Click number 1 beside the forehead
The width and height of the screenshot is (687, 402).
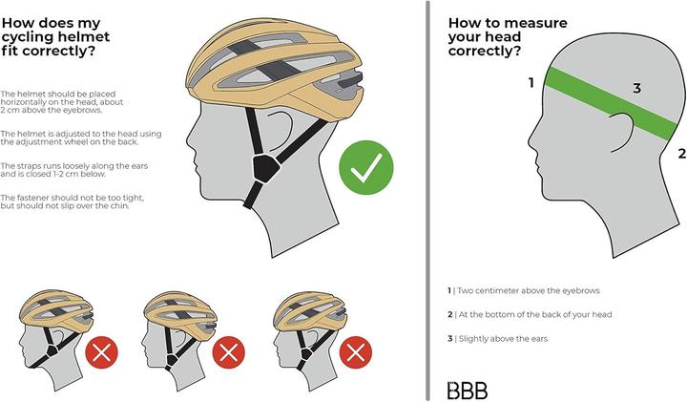[531, 83]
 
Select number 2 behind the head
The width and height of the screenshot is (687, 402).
[681, 152]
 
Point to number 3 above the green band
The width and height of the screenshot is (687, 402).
[636, 89]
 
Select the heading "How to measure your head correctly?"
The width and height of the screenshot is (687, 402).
[495, 31]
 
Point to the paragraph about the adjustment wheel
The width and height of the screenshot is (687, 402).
[70, 137]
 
